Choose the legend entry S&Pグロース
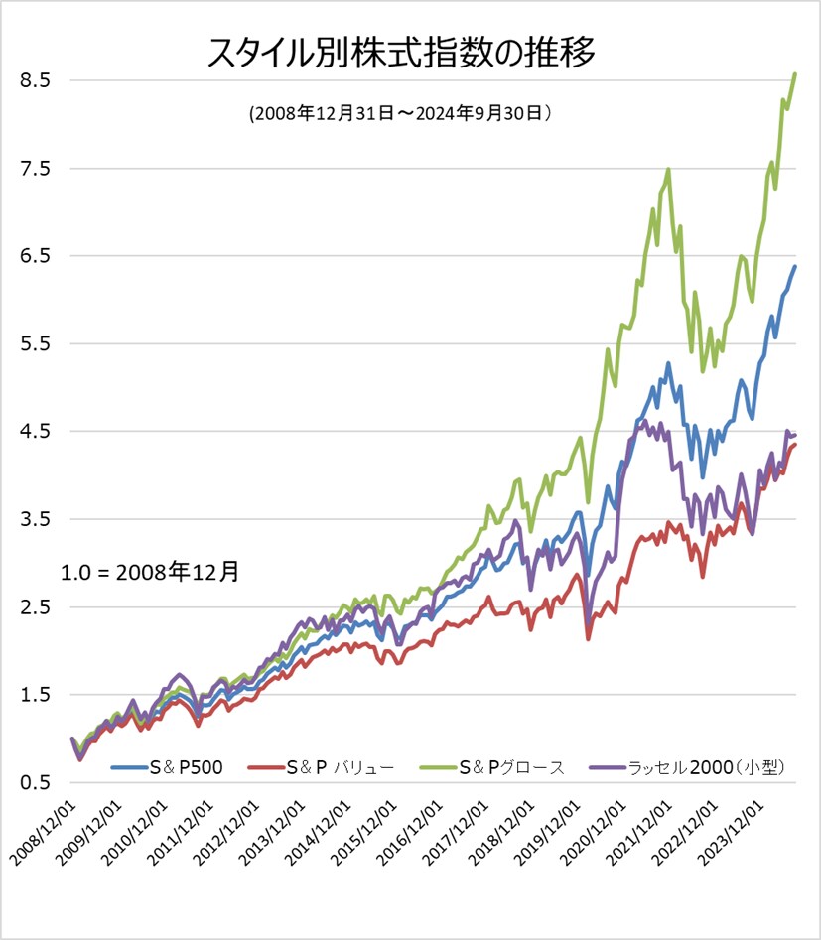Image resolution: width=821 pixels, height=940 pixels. [506, 767]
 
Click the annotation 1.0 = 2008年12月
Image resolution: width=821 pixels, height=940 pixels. [150, 572]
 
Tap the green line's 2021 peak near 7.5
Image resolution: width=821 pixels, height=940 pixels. [668, 170]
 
